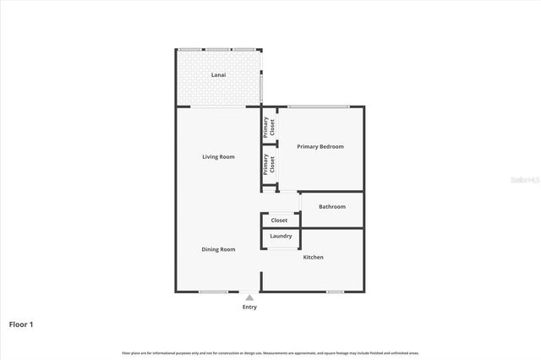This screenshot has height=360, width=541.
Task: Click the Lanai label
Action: [x=218, y=75]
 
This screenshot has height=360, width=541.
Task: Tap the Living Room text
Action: [x=218, y=156]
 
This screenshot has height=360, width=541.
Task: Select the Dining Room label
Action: [x=218, y=249]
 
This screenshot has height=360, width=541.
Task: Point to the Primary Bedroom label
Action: [x=320, y=147]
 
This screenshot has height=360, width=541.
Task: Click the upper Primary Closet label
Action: [x=269, y=127]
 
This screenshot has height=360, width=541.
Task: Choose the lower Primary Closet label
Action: [x=269, y=164]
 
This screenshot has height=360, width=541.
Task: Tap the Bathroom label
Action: [x=331, y=206]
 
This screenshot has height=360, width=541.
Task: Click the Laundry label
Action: [x=281, y=237]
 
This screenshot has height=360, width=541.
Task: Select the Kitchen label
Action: [x=313, y=257]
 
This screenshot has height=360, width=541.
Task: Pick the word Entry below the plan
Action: [x=249, y=307]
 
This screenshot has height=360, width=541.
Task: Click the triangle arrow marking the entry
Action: [x=249, y=297]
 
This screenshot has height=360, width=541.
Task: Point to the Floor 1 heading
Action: [x=22, y=324]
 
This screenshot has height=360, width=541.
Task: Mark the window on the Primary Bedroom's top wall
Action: [x=318, y=106]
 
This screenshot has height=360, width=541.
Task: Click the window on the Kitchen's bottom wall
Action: [x=336, y=292]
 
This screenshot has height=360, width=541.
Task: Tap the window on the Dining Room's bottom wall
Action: [x=213, y=292]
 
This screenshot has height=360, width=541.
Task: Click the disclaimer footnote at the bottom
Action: [x=270, y=352]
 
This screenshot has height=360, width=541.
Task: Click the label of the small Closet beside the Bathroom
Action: [x=279, y=221]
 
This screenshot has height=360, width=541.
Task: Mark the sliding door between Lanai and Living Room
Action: [x=218, y=106]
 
